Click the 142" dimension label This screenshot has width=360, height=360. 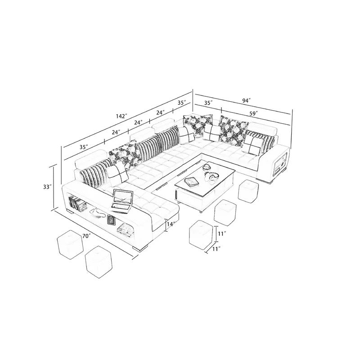121,116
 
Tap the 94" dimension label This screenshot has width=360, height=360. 246,100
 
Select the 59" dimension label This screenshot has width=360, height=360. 253,113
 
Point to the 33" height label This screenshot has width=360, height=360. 47,187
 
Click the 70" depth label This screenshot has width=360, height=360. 86,236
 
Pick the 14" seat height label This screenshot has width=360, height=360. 171,224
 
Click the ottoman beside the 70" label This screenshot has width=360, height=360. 70,243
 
